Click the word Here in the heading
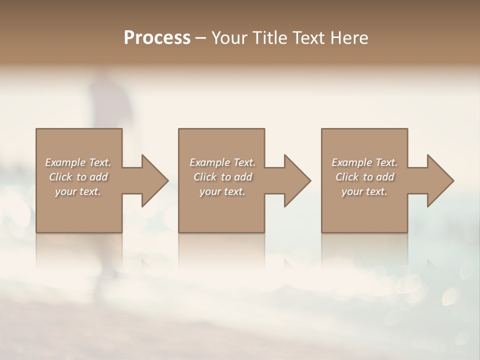(x=348, y=38)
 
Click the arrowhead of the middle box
(x=296, y=180)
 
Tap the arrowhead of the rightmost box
(x=439, y=180)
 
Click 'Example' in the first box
(x=65, y=162)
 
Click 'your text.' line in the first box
(x=78, y=191)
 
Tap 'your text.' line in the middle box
(x=222, y=191)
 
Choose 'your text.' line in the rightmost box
(x=364, y=191)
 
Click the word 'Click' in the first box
(x=60, y=177)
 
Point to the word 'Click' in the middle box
(x=204, y=177)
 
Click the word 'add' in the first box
(x=99, y=177)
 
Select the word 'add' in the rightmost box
(x=386, y=177)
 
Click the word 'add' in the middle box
(x=243, y=177)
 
